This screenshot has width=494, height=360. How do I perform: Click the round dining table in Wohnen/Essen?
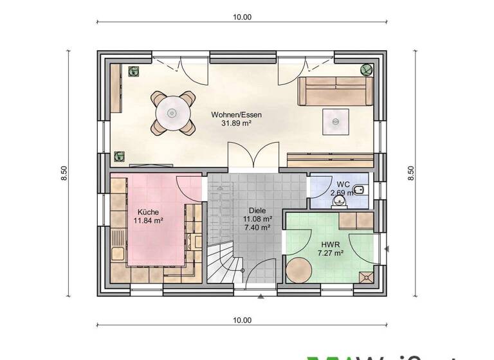(x=172, y=113)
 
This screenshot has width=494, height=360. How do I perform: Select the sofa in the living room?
(x=335, y=91)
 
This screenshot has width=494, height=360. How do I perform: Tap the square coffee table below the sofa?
(x=336, y=120)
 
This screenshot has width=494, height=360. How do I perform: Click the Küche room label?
(x=147, y=212)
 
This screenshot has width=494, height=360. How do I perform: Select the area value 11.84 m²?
(x=147, y=220)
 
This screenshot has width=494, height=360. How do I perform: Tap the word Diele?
(x=256, y=210)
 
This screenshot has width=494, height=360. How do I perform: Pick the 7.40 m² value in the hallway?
(x=256, y=227)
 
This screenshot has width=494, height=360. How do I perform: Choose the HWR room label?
(x=330, y=245)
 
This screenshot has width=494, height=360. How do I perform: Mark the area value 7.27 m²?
(x=330, y=253)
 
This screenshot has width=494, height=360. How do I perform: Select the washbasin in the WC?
(x=339, y=202)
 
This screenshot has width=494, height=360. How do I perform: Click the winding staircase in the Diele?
(x=222, y=264)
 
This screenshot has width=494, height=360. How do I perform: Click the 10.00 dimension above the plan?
(x=242, y=17)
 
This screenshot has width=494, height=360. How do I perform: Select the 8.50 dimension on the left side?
(x=64, y=174)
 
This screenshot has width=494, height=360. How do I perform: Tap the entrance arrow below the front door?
(x=260, y=297)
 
